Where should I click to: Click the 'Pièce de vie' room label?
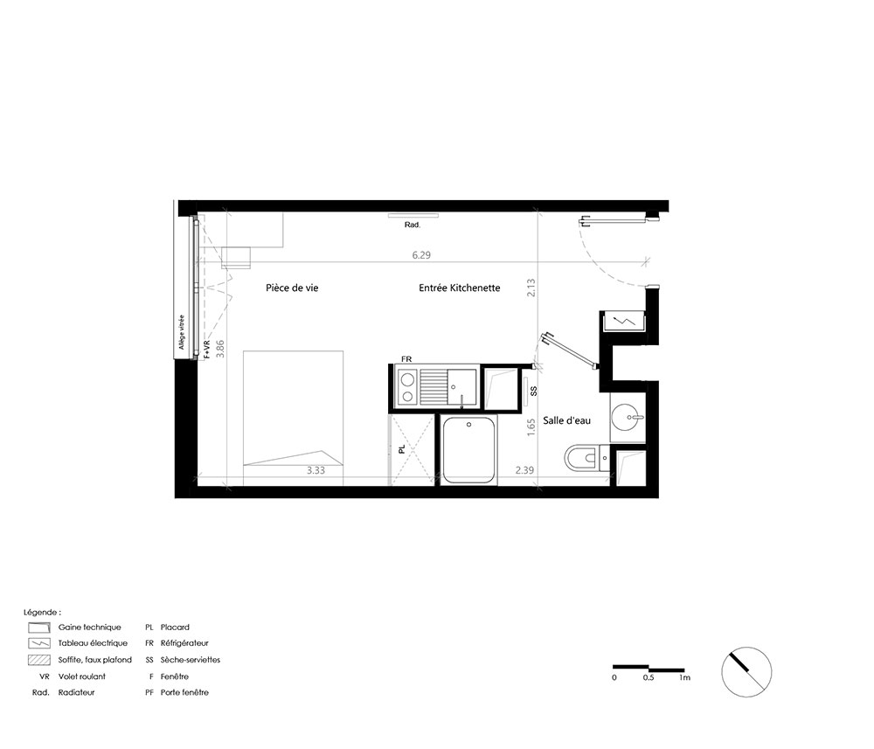292,288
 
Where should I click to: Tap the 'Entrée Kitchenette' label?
460,288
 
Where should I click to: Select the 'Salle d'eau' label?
567,420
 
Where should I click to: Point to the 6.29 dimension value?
421,255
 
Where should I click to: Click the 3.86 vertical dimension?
220,349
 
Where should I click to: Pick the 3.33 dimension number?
316,470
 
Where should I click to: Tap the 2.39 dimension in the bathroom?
524,470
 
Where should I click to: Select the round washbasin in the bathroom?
627,416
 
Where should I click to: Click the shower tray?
468,450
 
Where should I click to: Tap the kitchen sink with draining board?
448,386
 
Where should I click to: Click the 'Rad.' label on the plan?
413,225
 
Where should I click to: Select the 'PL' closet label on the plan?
401,449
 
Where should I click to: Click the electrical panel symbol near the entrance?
622,322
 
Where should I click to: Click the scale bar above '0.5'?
649,668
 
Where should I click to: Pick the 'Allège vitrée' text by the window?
182,332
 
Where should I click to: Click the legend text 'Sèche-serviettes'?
191,660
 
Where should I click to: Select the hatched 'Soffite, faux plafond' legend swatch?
39,660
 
